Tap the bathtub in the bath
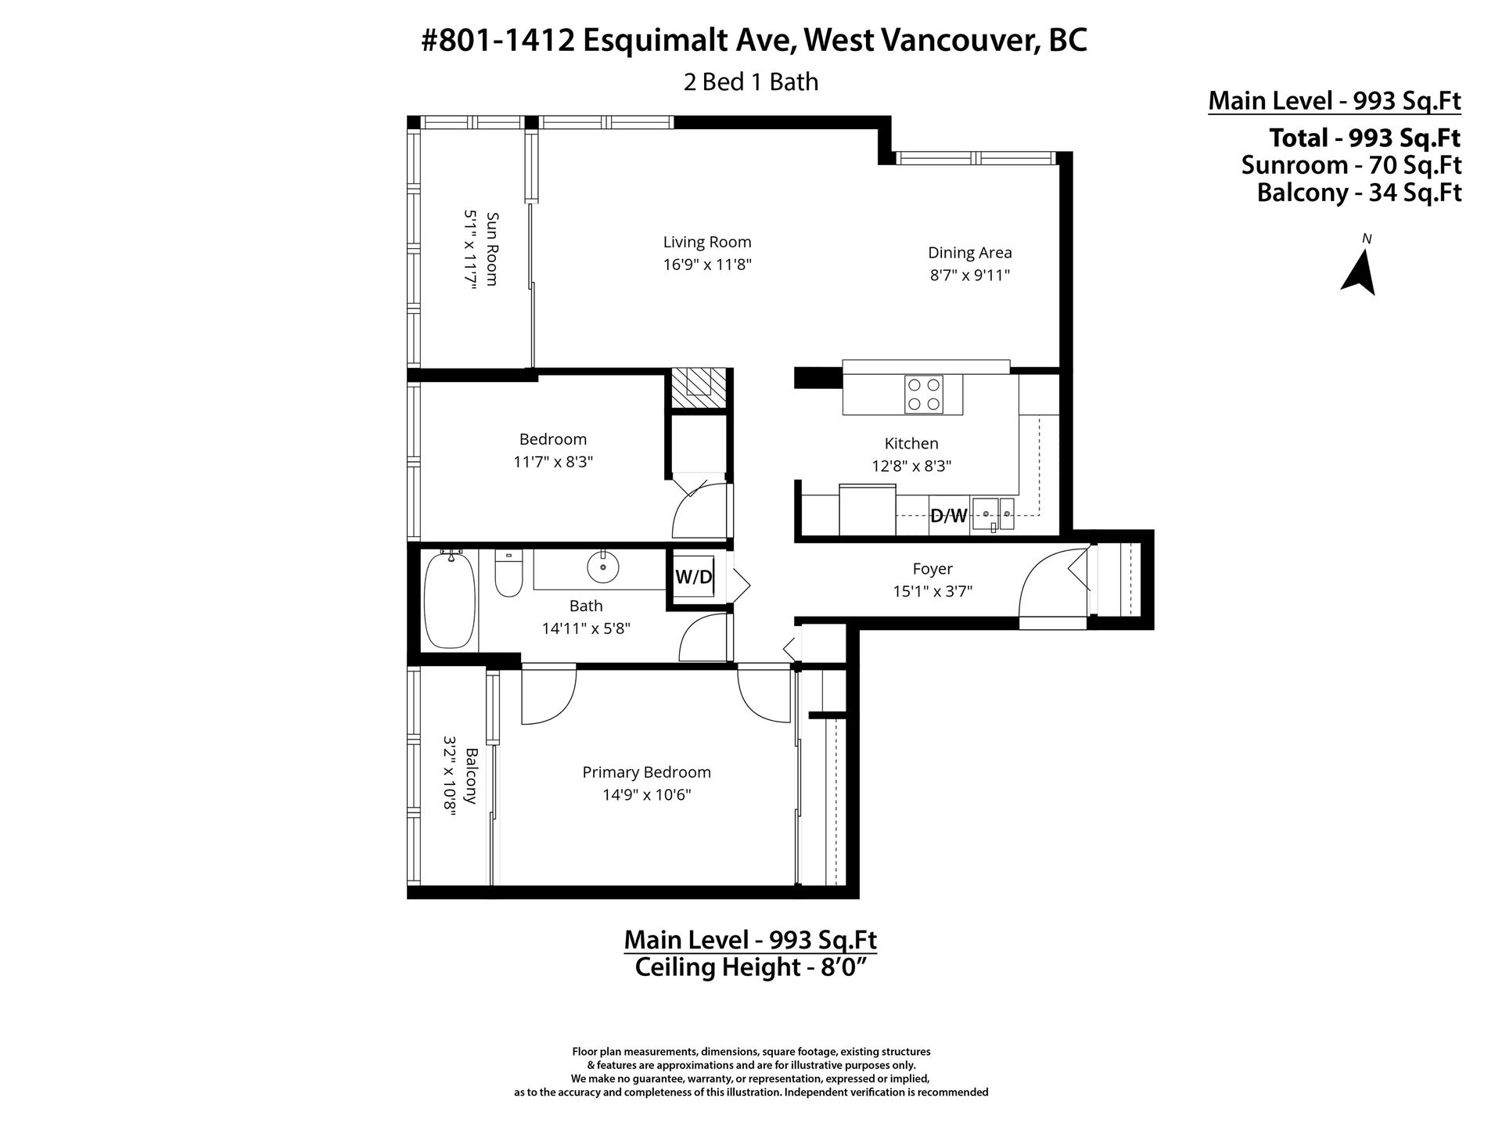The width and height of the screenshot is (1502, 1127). tap(449, 600)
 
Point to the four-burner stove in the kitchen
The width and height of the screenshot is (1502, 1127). tap(924, 394)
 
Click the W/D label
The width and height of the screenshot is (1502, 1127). tap(694, 578)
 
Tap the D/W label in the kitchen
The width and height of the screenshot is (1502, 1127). tap(949, 516)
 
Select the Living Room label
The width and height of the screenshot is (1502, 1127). tap(707, 243)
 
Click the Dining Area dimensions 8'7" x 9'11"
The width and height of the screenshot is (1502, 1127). tap(970, 275)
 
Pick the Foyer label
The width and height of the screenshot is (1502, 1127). tap(932, 569)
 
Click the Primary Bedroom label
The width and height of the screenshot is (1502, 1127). tap(646, 772)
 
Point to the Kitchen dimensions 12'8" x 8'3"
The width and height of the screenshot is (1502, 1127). tap(911, 466)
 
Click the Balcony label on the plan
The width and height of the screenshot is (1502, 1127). tap(471, 776)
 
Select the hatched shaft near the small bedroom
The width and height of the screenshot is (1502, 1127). tap(699, 389)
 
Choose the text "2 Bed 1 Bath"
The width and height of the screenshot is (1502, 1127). tap(751, 81)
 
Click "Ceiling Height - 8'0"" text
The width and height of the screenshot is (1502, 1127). tap(751, 967)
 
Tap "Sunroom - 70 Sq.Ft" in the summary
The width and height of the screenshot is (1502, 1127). tap(1351, 165)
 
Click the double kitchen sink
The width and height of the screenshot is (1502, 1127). tap(993, 514)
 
